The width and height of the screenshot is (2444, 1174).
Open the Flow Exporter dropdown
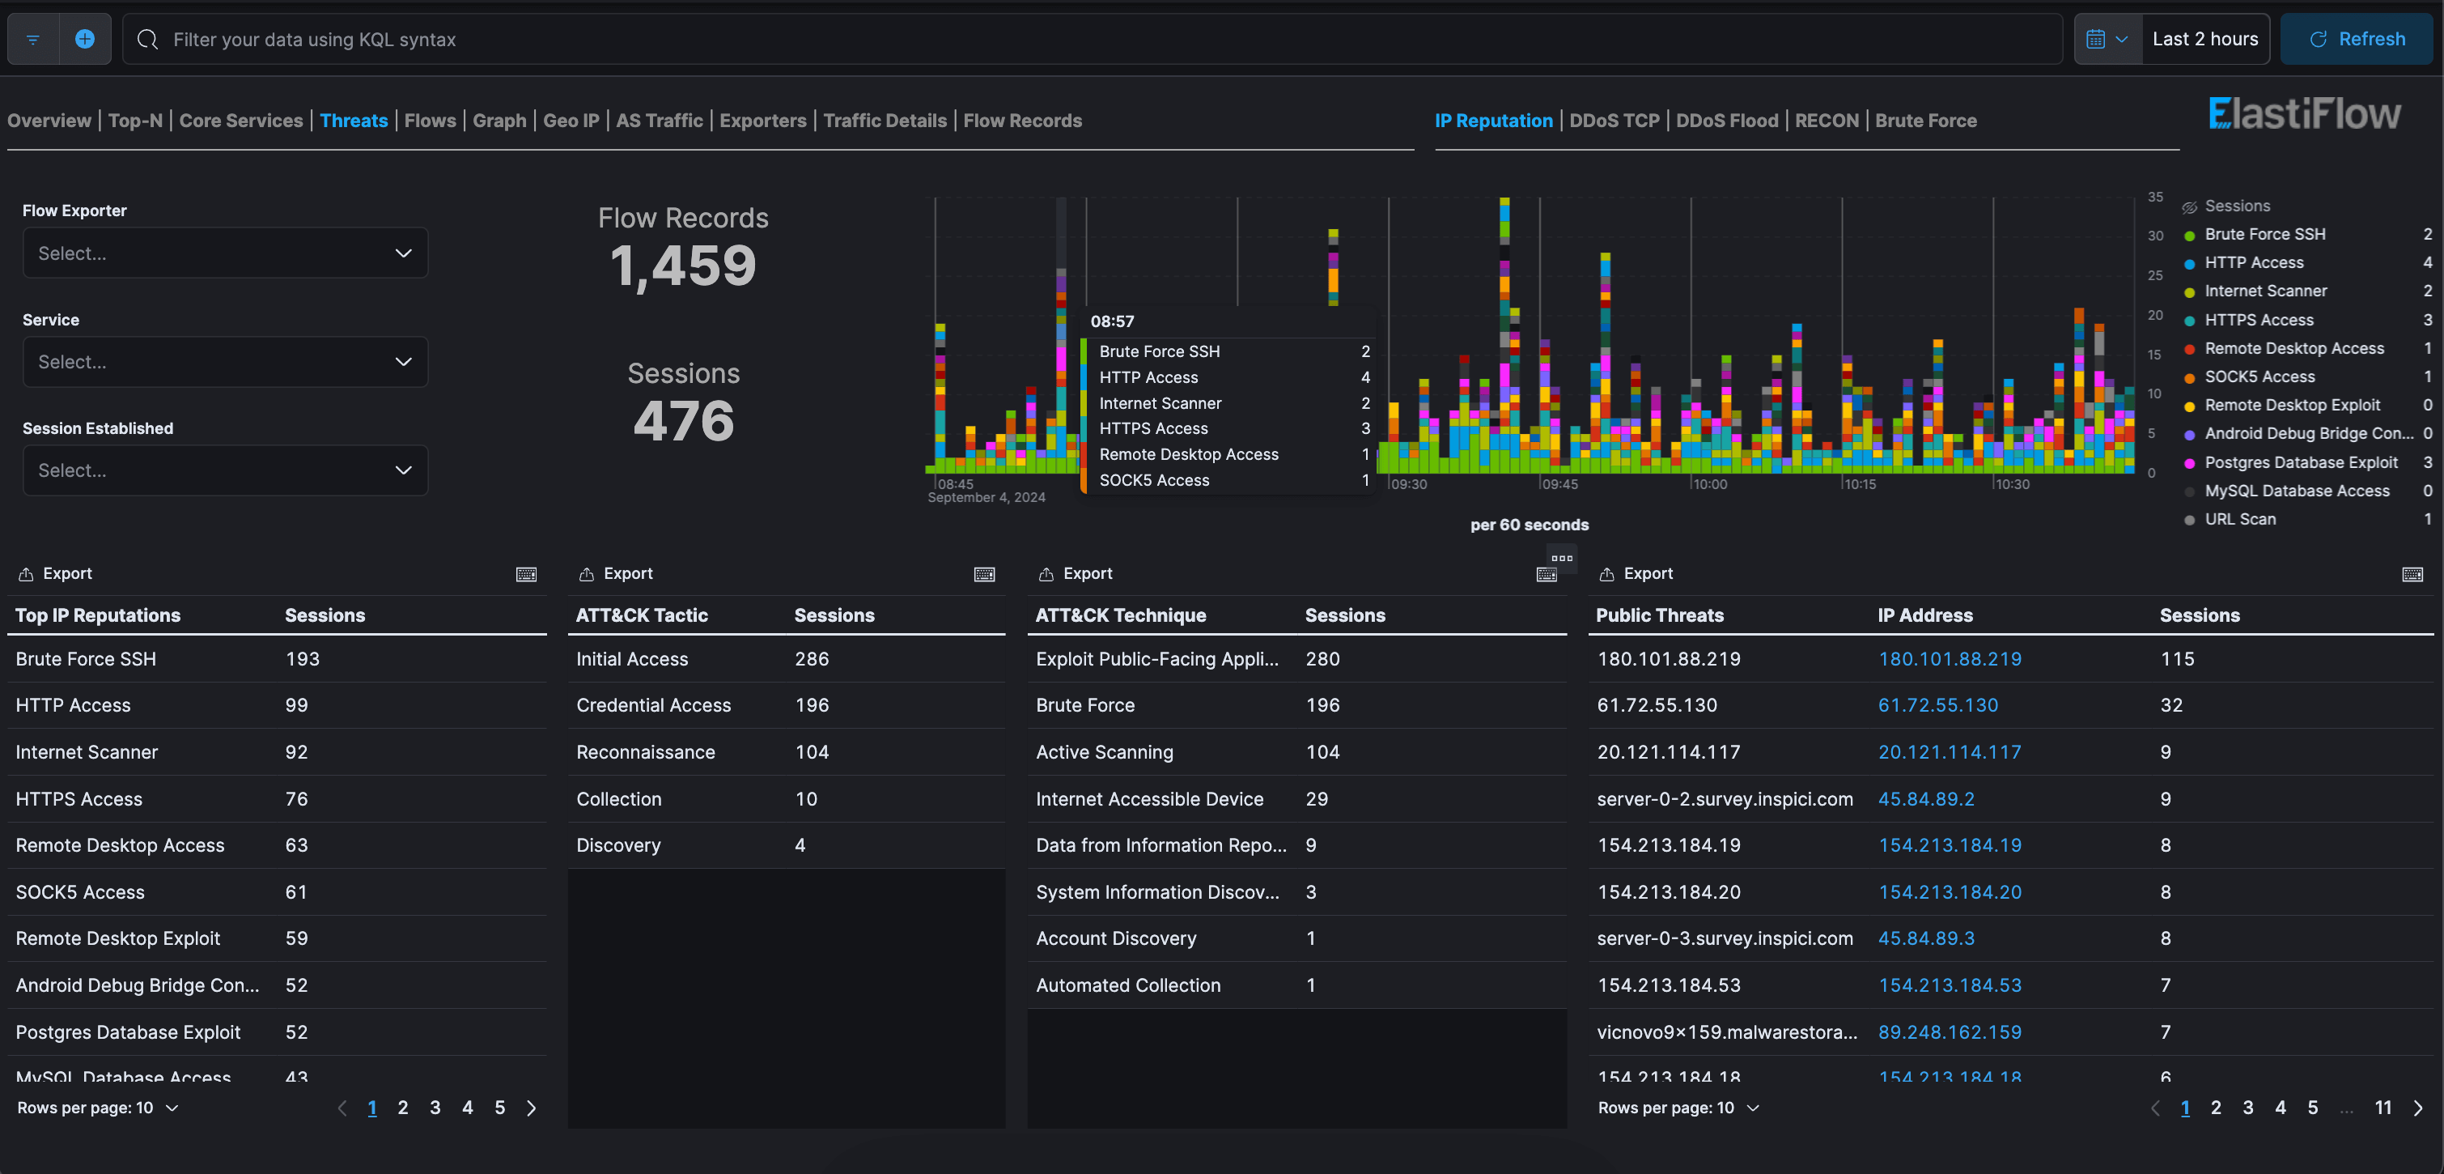point(225,253)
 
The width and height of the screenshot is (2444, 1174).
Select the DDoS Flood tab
point(1726,121)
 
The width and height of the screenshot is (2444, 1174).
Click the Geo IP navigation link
point(571,121)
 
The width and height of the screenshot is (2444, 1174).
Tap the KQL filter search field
point(1091,39)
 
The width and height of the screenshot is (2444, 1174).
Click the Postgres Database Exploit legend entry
point(2300,462)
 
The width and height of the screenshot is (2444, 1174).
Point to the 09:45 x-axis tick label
point(1559,484)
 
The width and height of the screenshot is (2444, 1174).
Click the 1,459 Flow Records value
point(682,265)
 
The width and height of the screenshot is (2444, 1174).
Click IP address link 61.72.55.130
point(1937,705)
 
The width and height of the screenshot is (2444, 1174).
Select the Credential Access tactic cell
point(653,705)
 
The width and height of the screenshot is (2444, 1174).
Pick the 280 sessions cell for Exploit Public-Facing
point(1322,659)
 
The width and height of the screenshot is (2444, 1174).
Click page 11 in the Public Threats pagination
point(2382,1108)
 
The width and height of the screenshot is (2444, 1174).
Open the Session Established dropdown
point(225,470)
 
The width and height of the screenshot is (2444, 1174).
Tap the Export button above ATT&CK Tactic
point(616,573)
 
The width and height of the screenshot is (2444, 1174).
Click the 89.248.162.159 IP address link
point(1949,1032)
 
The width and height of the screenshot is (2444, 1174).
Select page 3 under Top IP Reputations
point(435,1108)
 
